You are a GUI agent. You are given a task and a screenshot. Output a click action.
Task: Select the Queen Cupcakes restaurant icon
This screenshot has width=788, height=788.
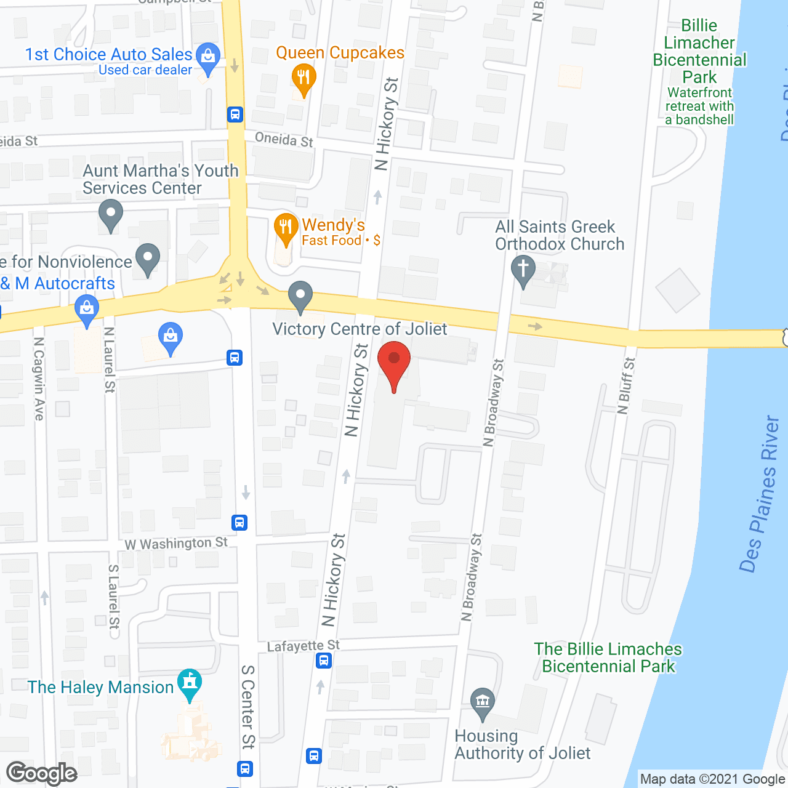pos(303,78)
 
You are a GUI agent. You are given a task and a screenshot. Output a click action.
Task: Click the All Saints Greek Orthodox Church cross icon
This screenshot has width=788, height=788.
pos(523,270)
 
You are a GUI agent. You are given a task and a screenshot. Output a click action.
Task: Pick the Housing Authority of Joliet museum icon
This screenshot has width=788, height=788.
pos(483,702)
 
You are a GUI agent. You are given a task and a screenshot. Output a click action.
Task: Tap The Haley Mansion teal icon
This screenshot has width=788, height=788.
pos(189,683)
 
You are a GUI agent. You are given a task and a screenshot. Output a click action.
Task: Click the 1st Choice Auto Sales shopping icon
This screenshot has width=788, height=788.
pos(208,56)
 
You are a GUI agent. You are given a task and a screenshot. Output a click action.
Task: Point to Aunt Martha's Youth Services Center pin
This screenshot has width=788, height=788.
pos(111,215)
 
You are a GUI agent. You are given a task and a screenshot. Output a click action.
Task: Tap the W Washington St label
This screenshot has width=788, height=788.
pos(176,544)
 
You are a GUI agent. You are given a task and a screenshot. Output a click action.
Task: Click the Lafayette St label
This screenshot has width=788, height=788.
pos(303,646)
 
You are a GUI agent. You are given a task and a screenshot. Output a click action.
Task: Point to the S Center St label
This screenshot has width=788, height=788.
pos(247,707)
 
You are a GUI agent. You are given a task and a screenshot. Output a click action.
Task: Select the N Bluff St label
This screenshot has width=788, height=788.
pos(627,386)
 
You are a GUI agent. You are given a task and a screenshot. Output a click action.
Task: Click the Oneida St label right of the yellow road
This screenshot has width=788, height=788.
pos(284,140)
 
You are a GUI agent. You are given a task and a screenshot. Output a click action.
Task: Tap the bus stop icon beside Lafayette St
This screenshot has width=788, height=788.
pos(324,661)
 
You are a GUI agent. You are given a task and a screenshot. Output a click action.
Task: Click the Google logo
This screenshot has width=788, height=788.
pos(42,773)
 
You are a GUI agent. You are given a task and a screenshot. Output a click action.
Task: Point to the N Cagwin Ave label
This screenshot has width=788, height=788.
pos(39,379)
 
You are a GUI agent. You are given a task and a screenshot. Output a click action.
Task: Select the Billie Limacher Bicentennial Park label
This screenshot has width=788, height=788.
pos(699,52)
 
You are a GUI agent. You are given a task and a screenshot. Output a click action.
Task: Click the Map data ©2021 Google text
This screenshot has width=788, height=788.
pos(712,779)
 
